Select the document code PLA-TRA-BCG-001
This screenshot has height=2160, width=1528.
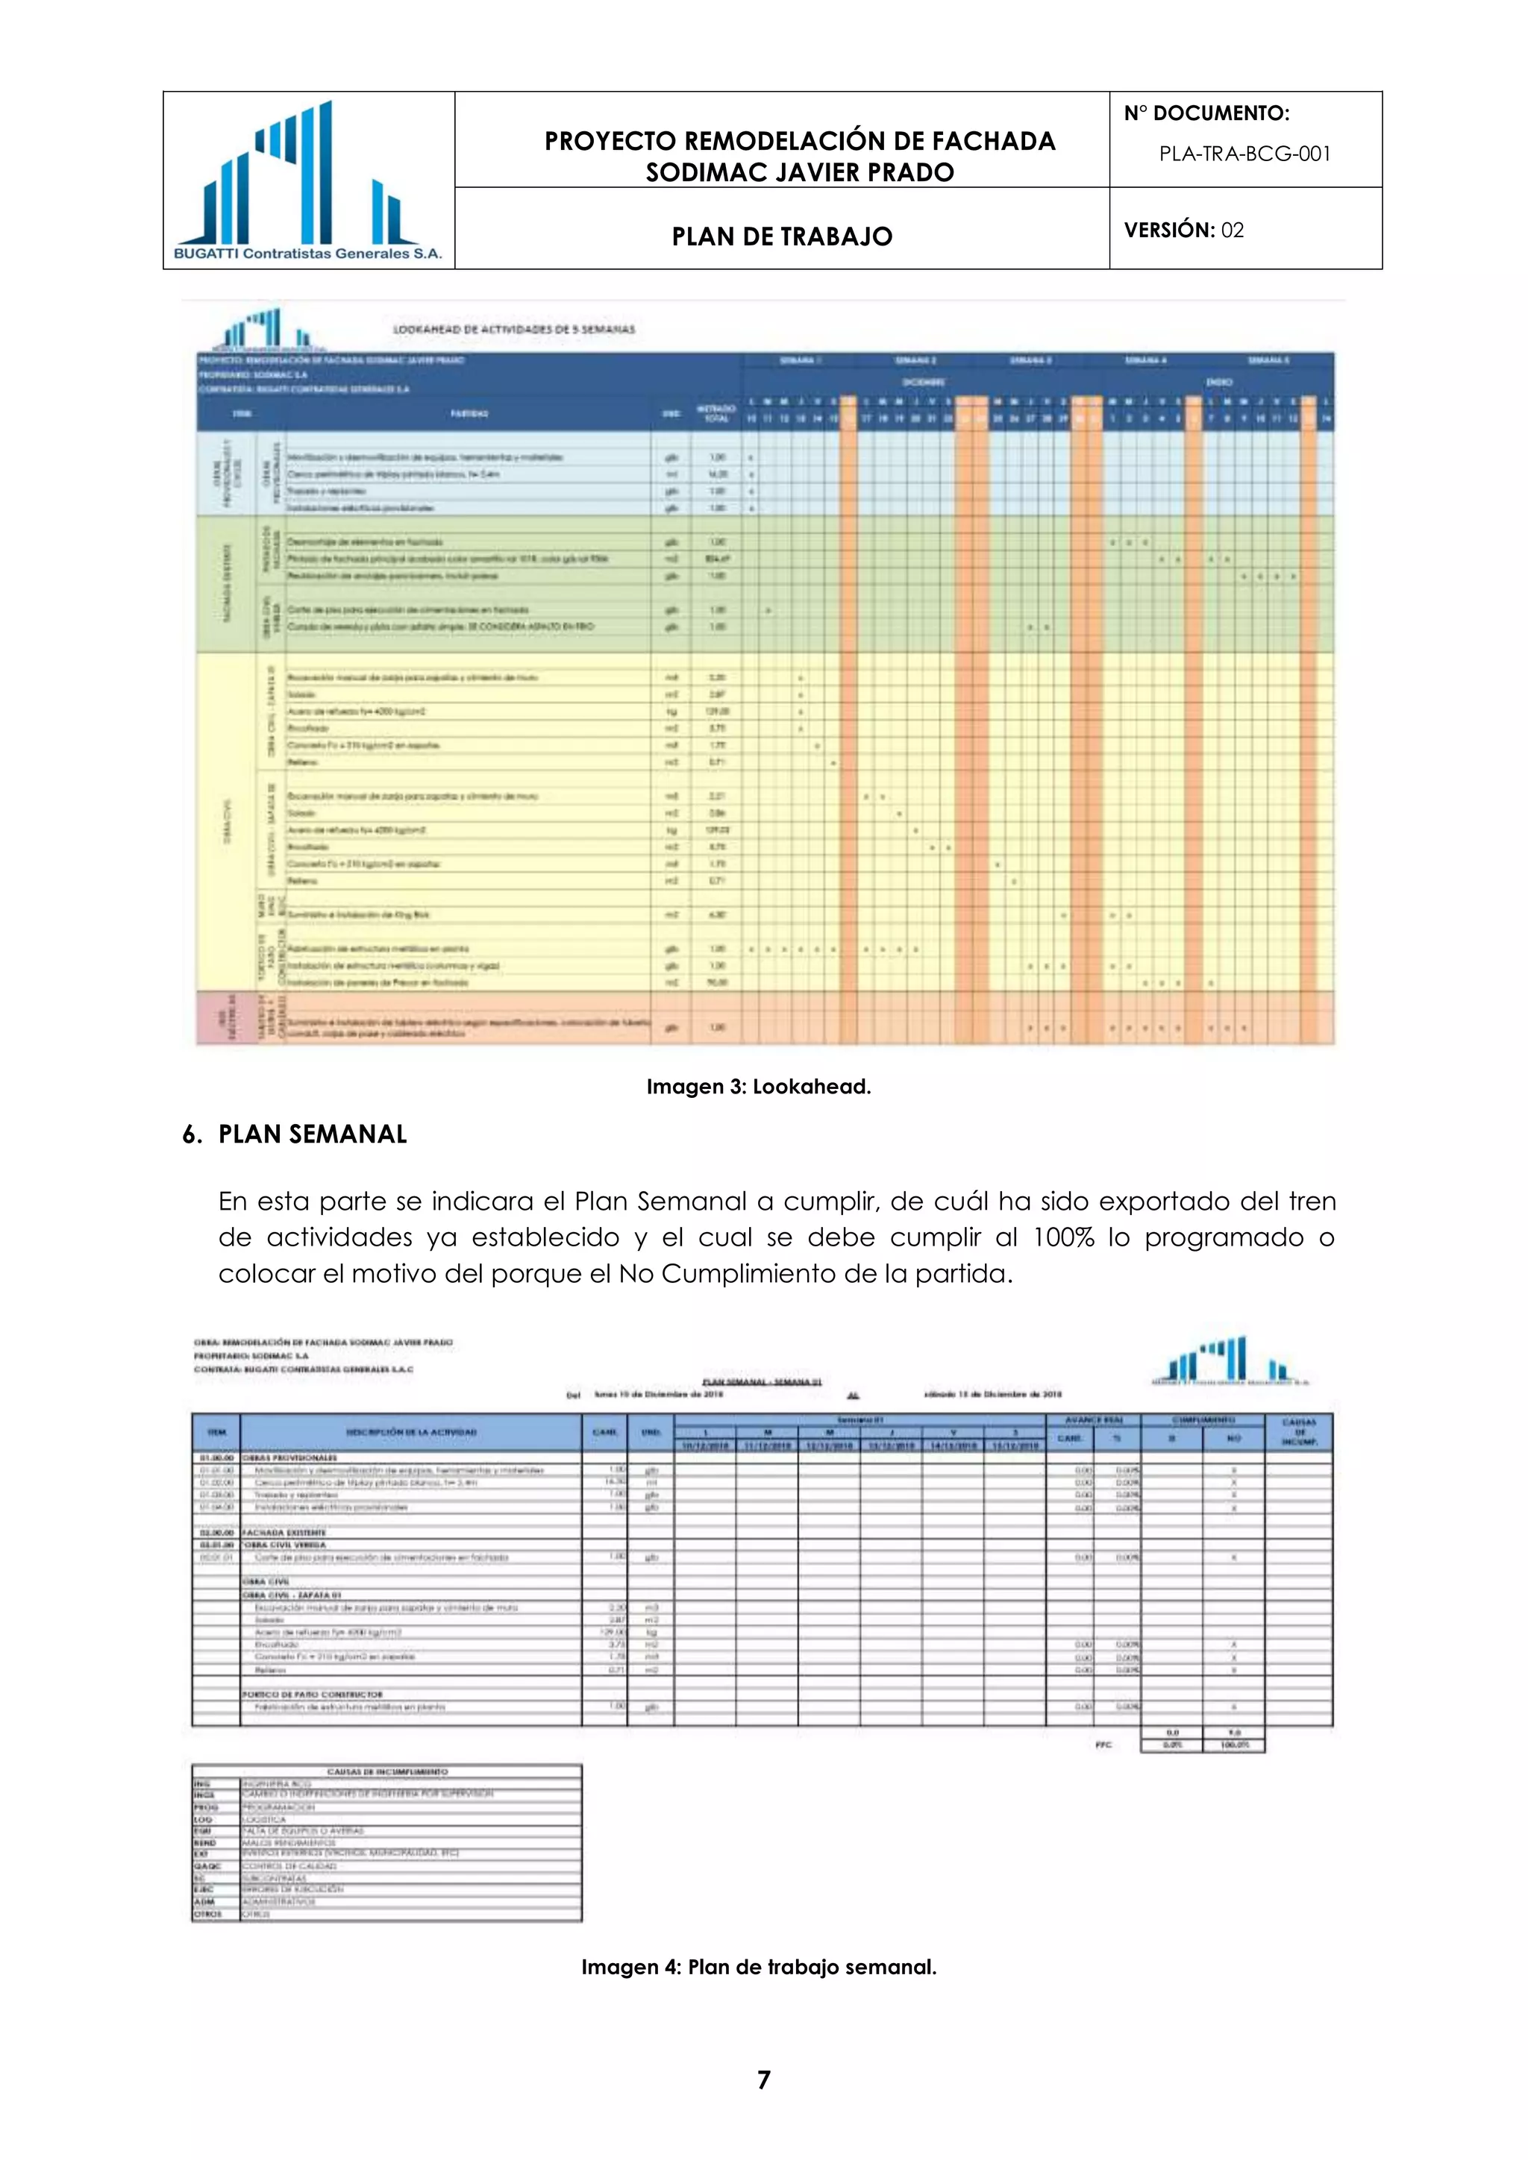coord(1244,154)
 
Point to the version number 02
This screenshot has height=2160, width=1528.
coord(1233,230)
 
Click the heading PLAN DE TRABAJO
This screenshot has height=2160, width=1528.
coord(781,236)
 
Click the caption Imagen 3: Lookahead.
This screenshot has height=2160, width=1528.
coord(758,1087)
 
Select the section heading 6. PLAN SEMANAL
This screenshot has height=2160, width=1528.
coord(295,1134)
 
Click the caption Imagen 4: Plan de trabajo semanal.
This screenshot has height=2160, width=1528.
coord(758,1967)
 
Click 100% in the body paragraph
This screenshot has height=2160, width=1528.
coord(1064,1237)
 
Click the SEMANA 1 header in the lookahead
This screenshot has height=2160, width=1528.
coord(801,360)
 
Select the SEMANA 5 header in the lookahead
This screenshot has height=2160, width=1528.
coord(1268,360)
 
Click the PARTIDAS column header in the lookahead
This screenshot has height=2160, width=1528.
coord(468,413)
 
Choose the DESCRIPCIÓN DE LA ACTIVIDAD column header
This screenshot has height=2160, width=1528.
coord(411,1432)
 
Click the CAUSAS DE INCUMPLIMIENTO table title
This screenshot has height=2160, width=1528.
coord(386,1771)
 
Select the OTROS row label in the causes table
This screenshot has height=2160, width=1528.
coord(207,1914)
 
